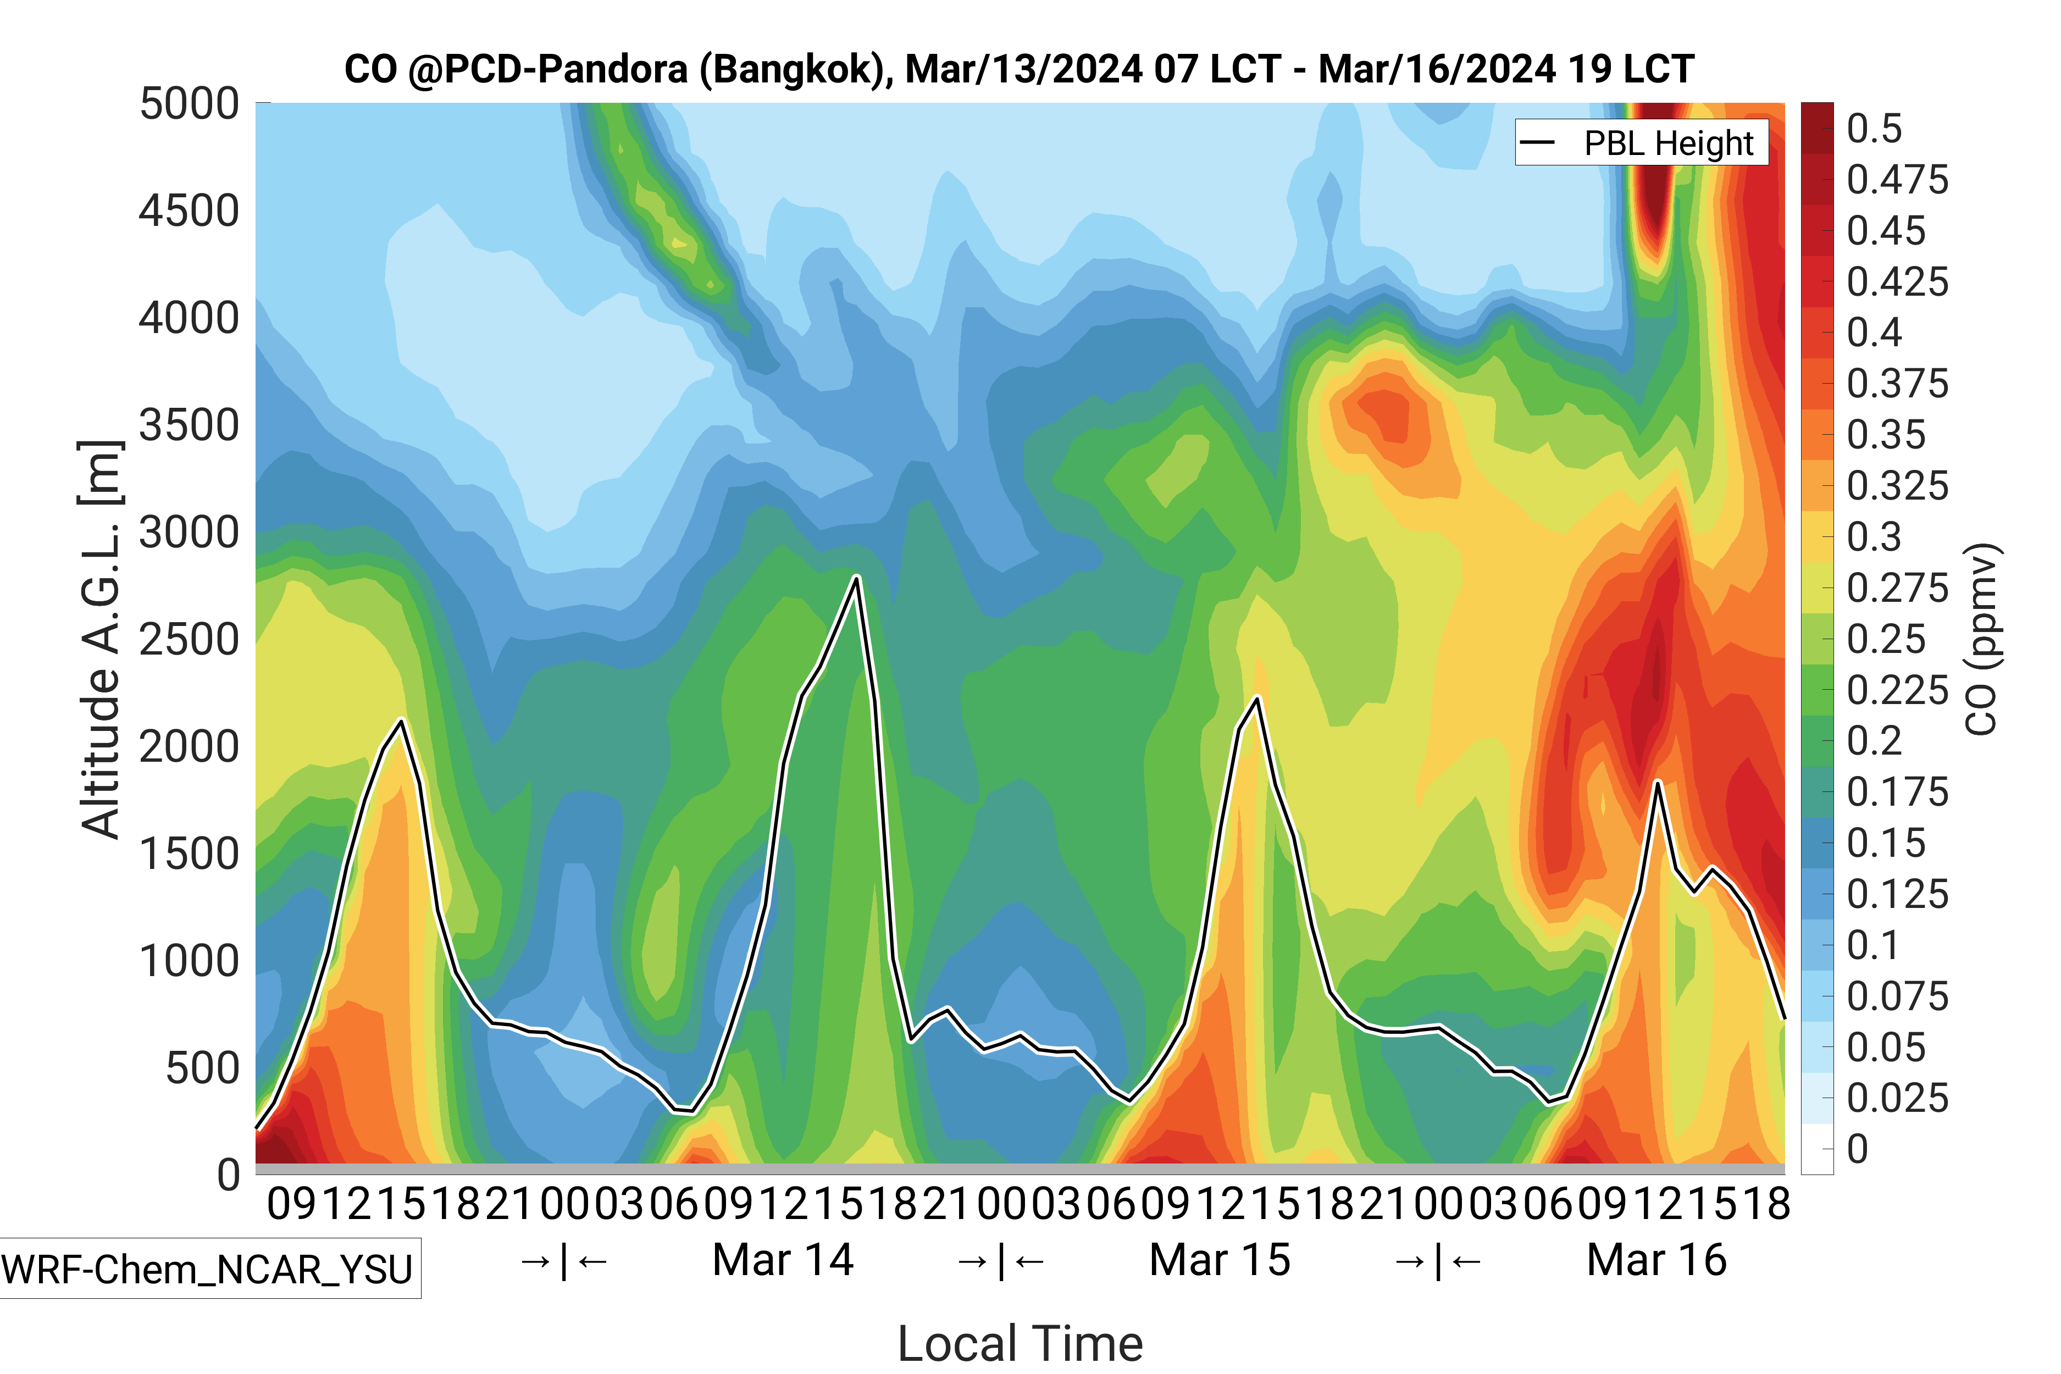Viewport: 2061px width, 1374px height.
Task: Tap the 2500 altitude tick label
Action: point(189,640)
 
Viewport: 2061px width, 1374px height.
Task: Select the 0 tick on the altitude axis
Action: point(229,1174)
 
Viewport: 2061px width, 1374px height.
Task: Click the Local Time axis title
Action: point(1020,1343)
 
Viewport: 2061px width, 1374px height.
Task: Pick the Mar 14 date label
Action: point(783,1260)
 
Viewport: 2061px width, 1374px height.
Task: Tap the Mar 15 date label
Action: point(1220,1260)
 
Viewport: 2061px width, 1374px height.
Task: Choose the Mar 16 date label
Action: point(1656,1260)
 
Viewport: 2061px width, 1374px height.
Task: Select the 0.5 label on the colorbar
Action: point(1874,129)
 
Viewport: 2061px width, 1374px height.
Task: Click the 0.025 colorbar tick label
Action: point(1897,1098)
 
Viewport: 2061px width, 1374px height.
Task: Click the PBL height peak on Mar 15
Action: point(1257,699)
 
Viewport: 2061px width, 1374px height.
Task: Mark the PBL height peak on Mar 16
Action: point(1657,781)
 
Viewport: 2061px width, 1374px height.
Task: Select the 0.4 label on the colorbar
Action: point(1874,333)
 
